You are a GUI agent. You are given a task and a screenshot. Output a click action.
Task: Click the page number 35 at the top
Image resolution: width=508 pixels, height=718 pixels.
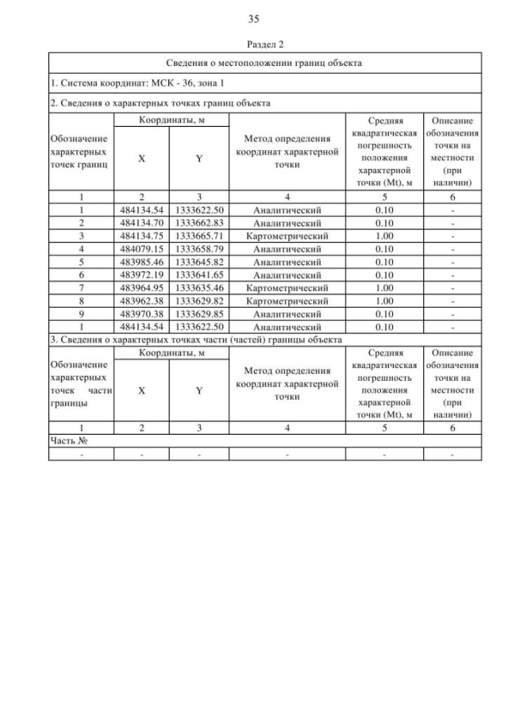point(254,19)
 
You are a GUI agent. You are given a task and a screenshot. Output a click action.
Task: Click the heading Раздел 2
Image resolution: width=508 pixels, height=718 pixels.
point(254,45)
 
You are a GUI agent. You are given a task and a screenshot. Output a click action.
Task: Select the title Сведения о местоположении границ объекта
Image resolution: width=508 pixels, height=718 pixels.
point(265,63)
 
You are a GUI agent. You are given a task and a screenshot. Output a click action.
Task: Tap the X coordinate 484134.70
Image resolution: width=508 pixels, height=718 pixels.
point(141,224)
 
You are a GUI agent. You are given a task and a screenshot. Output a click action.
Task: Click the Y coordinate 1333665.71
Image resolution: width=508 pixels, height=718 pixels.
point(199,236)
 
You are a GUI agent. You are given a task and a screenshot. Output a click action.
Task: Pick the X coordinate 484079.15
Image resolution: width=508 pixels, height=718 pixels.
point(141,249)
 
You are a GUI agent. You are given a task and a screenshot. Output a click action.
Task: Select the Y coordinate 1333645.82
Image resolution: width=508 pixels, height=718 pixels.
point(199,262)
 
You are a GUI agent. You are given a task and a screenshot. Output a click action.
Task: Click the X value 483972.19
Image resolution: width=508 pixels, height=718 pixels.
point(141,275)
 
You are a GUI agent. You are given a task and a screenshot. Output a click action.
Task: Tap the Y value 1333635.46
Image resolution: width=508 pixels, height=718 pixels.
point(199,288)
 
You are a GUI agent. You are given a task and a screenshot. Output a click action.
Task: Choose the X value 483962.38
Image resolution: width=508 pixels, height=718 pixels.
point(141,301)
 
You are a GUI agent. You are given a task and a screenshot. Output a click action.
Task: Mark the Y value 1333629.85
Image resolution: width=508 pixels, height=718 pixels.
point(199,313)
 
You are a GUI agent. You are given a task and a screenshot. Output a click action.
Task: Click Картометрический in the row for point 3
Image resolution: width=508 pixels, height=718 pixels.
point(287,236)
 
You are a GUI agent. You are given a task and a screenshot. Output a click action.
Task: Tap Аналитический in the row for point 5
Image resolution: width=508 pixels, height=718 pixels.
point(287,262)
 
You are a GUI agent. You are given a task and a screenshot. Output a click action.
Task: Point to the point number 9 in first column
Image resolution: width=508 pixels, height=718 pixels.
point(81,313)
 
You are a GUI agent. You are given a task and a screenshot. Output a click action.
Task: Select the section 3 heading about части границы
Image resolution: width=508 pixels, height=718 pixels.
point(197,340)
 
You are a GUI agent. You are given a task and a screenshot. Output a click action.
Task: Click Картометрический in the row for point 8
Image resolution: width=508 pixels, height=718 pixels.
point(287,301)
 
